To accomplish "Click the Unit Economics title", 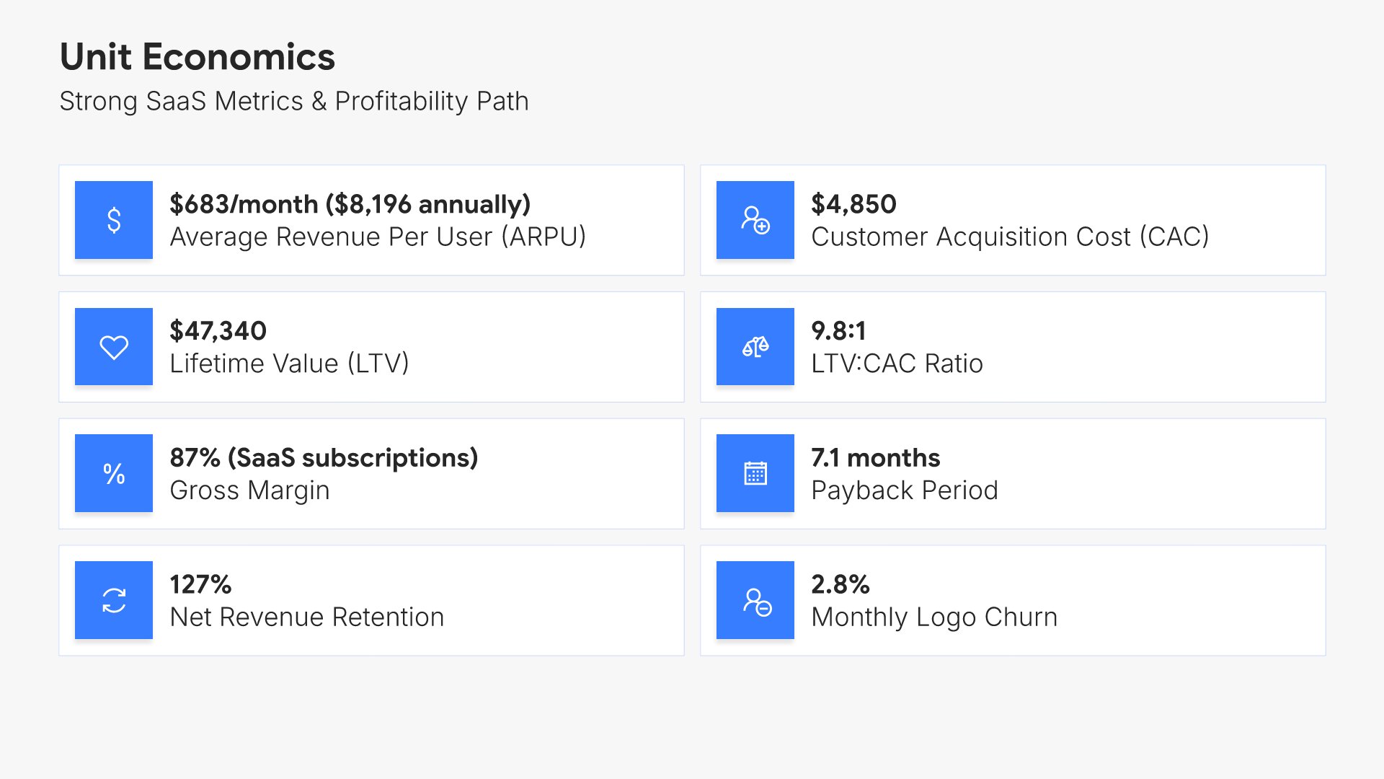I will (197, 57).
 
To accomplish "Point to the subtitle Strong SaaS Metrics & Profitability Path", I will (293, 101).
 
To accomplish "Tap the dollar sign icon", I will (114, 220).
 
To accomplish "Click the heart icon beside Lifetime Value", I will (114, 347).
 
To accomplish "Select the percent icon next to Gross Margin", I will (114, 474).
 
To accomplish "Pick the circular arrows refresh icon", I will (114, 600).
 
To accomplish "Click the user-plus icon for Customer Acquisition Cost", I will (755, 220).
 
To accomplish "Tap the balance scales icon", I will (755, 347).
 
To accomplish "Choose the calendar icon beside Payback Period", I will (755, 474).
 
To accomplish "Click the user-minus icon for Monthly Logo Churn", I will (755, 600).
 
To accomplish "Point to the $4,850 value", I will (853, 204).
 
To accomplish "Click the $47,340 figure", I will (218, 331).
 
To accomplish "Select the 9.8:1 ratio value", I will (838, 331).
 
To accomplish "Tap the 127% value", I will (200, 584).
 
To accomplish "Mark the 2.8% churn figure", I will (840, 584).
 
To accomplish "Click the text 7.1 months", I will (875, 458).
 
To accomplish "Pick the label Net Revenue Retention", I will (306, 617).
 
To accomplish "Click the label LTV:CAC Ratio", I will (897, 364).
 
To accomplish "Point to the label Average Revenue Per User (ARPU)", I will (378, 237).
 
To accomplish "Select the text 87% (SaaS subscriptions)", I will (324, 458).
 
